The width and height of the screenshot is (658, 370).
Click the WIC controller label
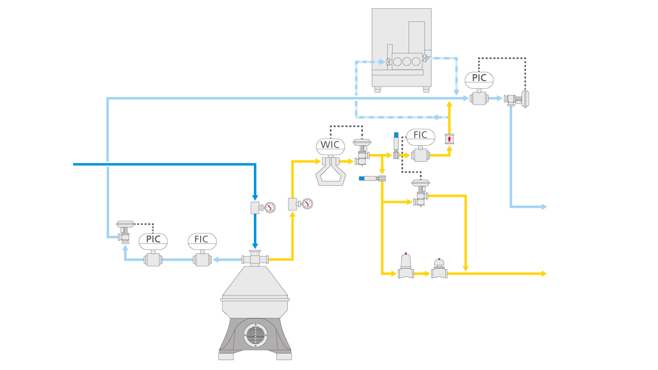(330, 145)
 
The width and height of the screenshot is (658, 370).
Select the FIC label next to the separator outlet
(202, 240)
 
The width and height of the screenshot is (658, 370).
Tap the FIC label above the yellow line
(421, 135)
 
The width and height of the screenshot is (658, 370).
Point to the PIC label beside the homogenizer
(479, 78)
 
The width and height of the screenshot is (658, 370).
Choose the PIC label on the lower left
(153, 240)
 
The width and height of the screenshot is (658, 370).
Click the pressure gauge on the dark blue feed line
(269, 207)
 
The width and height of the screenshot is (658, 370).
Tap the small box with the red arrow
(450, 139)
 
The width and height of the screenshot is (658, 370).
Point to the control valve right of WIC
(362, 152)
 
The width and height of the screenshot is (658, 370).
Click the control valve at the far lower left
(125, 232)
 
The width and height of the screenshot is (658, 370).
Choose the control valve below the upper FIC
(421, 193)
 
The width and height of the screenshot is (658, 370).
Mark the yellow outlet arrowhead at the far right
(544, 273)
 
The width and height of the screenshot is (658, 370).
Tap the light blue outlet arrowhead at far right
(544, 207)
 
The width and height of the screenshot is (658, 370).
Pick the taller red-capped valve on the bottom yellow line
(406, 267)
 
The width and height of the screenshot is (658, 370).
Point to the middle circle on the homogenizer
(406, 61)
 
